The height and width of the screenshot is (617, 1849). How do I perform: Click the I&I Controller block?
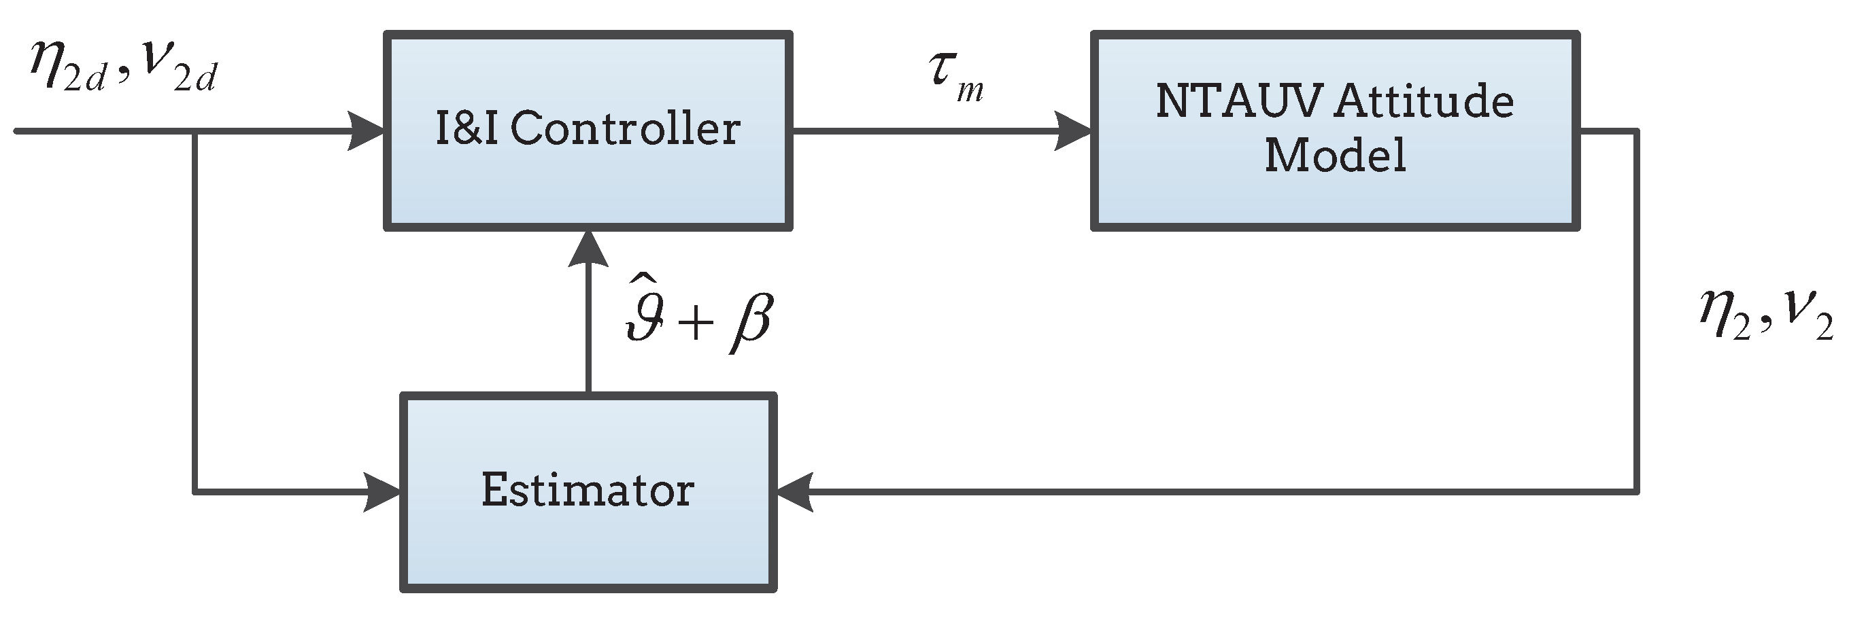tap(588, 130)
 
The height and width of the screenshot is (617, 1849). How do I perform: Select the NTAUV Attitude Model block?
tap(1335, 130)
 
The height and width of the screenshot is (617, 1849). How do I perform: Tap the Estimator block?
tap(588, 492)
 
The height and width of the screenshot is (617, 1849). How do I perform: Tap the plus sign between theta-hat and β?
tap(695, 321)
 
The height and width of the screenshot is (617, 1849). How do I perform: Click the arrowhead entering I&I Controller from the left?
tap(366, 130)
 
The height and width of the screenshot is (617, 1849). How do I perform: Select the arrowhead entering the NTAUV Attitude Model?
tap(1072, 130)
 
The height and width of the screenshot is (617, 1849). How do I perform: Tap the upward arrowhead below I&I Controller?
tap(588, 249)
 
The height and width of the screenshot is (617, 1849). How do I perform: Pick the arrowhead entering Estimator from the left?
tap(382, 492)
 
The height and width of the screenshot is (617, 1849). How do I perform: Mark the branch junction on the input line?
tap(194, 131)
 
